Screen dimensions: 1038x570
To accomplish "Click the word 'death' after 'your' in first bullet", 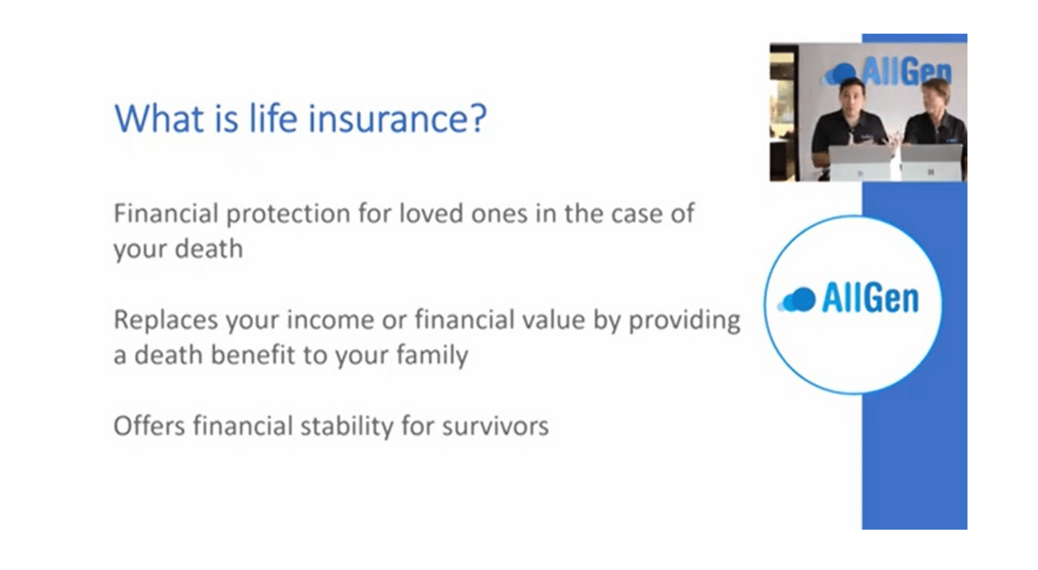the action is coord(209,249).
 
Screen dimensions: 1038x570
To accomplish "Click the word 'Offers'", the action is coord(150,426).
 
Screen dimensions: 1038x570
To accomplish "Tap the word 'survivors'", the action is coord(495,426).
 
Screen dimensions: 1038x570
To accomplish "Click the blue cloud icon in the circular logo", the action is coord(796,300).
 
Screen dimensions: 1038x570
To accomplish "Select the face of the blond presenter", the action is coord(935,100).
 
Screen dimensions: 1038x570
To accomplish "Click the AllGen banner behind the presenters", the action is coord(887,72).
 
